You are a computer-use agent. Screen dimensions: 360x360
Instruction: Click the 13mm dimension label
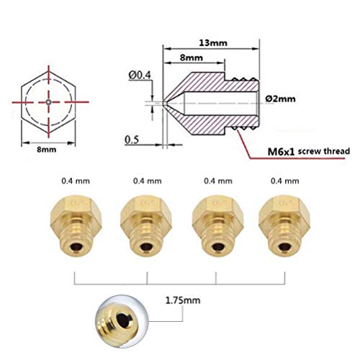(214, 42)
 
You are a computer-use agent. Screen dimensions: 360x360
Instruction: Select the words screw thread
(325, 153)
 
